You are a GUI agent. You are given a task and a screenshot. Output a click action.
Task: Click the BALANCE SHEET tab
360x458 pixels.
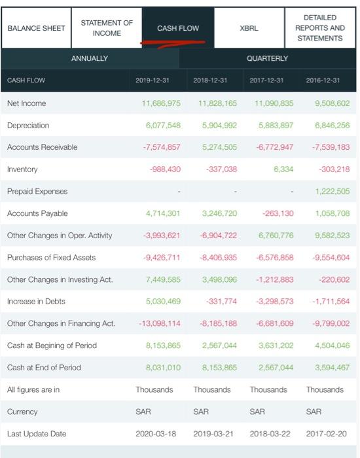click(x=36, y=28)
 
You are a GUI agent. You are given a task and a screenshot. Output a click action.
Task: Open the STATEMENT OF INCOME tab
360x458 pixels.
click(x=107, y=28)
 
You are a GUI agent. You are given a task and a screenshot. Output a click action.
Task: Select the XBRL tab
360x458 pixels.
click(x=249, y=28)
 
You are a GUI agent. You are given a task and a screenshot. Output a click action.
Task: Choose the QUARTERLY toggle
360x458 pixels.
click(x=268, y=58)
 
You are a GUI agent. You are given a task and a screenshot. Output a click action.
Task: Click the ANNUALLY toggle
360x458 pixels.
click(x=90, y=58)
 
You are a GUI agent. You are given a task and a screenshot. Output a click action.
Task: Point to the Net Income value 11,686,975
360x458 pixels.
click(x=161, y=103)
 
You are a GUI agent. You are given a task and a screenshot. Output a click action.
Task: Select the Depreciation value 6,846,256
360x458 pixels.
click(x=332, y=126)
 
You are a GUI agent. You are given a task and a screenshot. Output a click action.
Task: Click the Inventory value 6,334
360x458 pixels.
click(x=283, y=169)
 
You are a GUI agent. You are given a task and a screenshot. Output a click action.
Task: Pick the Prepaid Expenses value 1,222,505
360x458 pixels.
click(x=332, y=192)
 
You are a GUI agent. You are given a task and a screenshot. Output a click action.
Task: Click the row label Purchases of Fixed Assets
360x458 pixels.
click(x=51, y=258)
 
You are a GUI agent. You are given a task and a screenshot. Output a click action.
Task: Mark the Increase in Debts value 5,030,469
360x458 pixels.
click(x=161, y=302)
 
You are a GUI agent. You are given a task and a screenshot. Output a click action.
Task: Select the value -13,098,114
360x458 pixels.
click(x=159, y=323)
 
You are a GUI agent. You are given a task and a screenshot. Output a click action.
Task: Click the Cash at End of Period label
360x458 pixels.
click(x=44, y=368)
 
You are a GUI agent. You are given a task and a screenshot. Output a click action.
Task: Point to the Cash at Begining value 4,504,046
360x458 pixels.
click(x=332, y=345)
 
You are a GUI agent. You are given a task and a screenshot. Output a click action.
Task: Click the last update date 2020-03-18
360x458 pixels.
click(x=156, y=434)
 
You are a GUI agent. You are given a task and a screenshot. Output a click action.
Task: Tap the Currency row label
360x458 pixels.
click(x=22, y=412)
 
